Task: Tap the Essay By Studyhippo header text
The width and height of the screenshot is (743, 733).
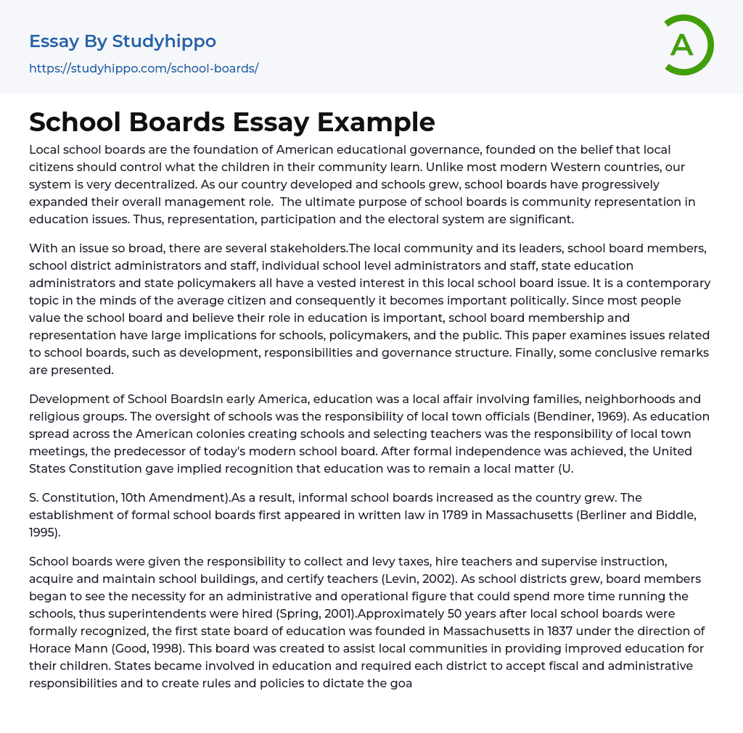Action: click(123, 41)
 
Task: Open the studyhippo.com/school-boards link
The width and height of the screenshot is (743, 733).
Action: click(144, 69)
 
